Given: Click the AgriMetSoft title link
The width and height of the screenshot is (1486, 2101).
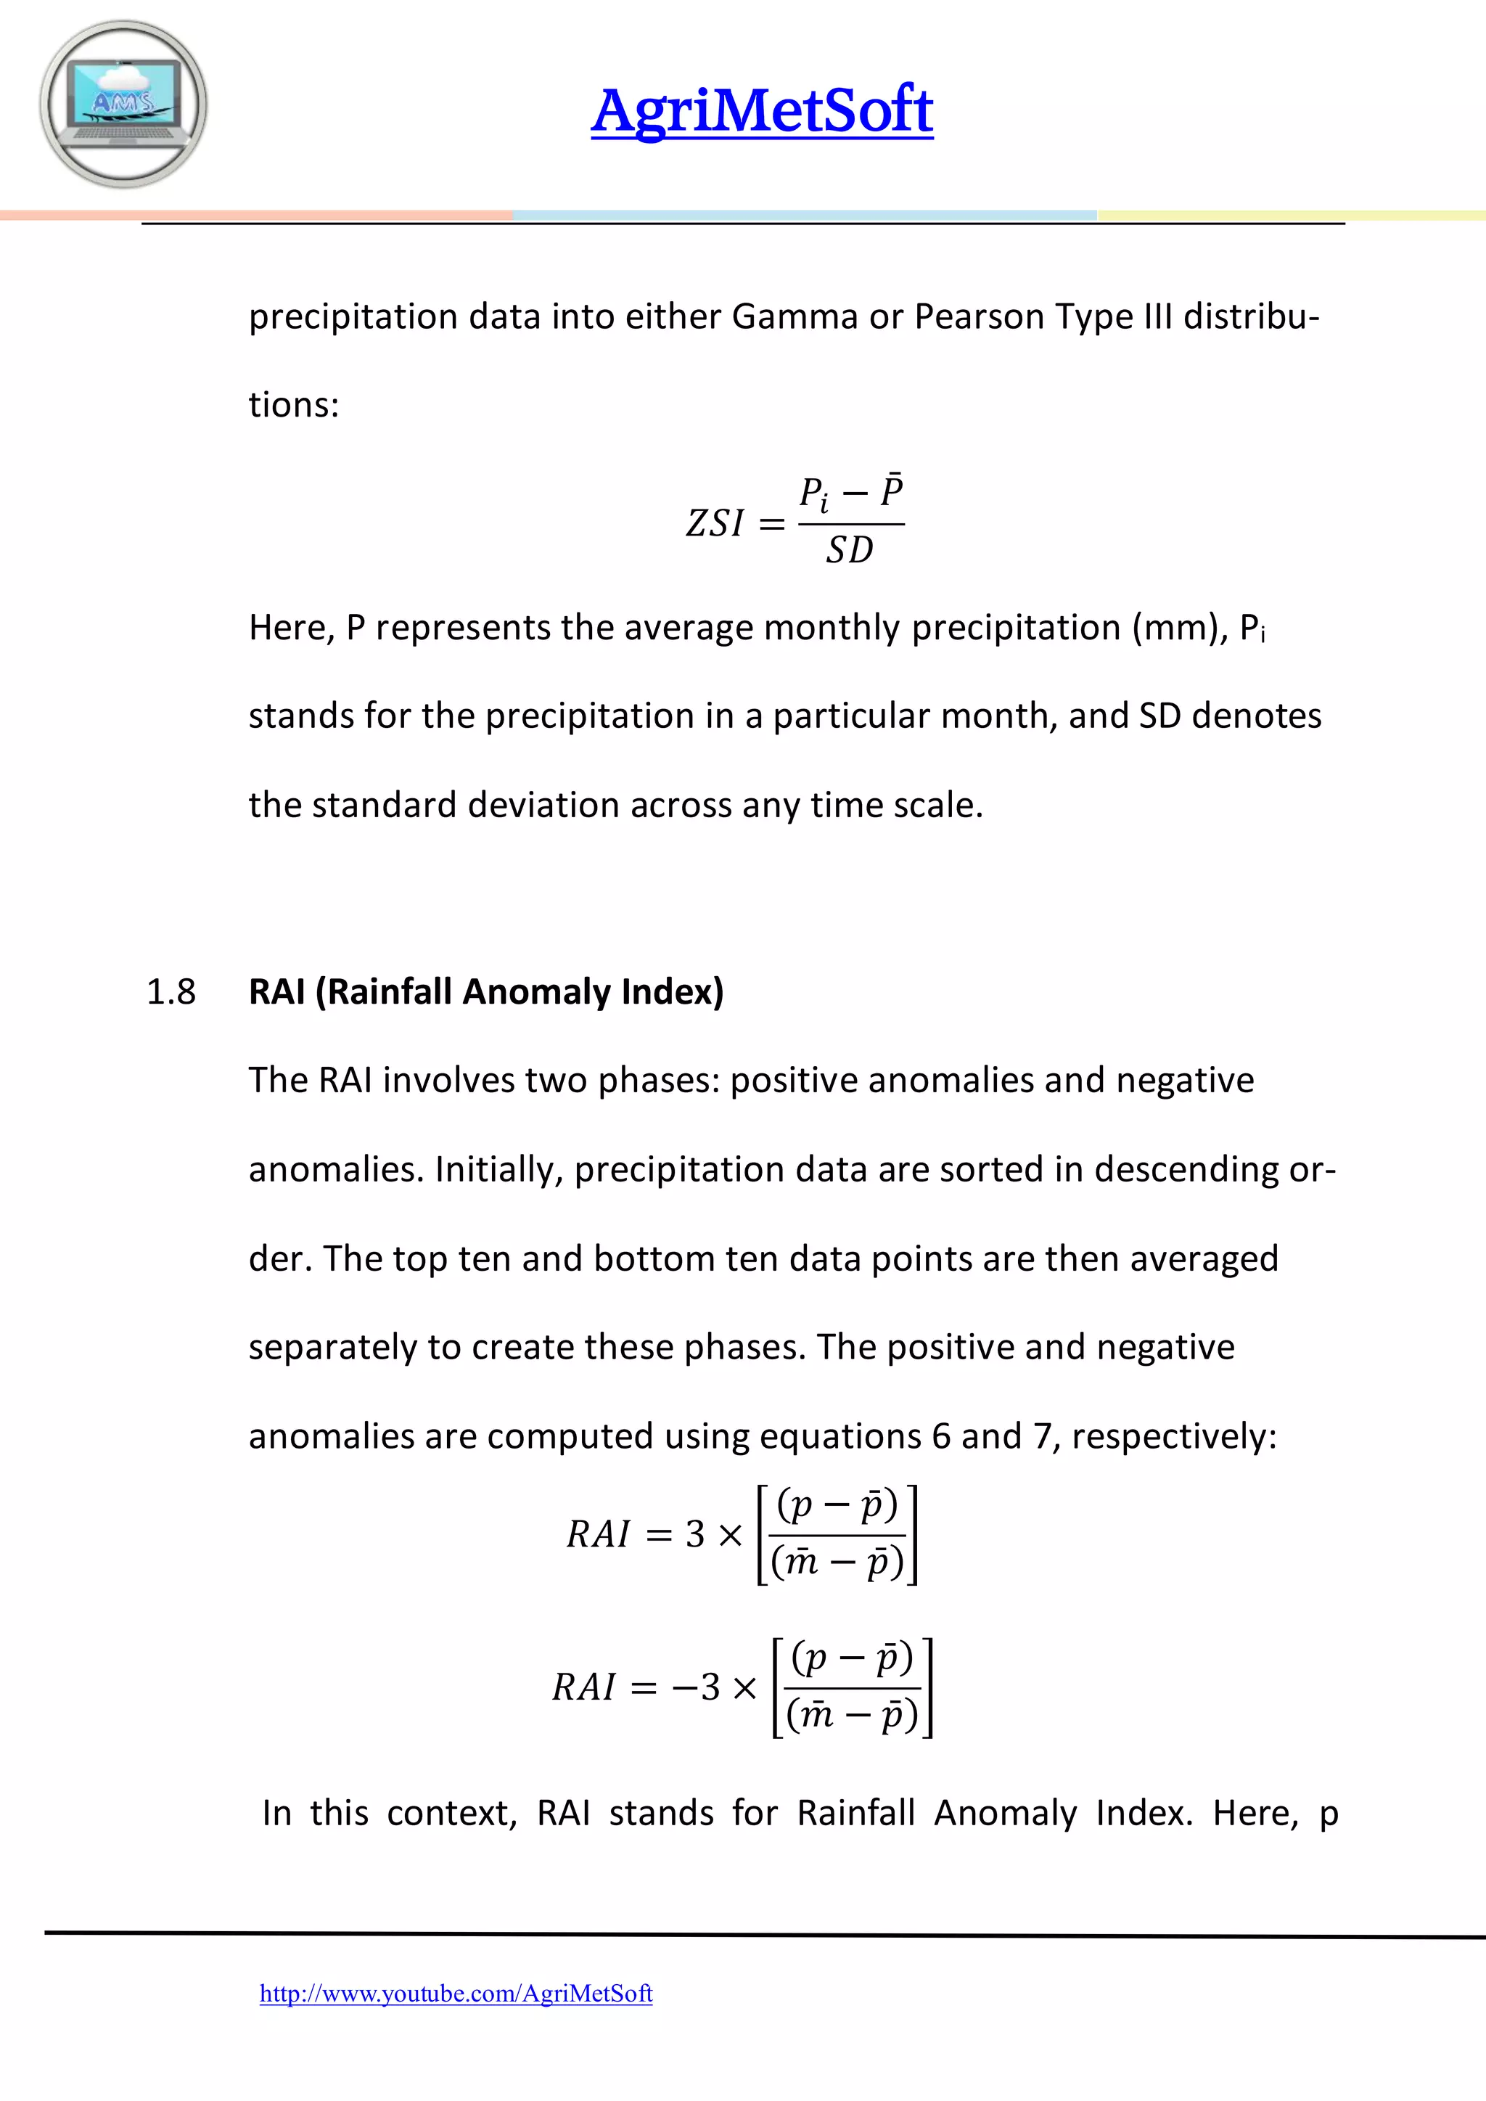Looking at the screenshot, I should pos(761,111).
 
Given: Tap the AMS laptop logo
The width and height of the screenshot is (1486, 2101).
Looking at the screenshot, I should pos(123,105).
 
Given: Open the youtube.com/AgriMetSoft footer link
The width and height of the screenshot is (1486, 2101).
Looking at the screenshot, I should pos(456,1993).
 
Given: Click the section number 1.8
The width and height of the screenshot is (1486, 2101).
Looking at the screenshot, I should pos(171,992).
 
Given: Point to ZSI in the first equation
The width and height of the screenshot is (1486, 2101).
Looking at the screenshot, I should pos(715,523).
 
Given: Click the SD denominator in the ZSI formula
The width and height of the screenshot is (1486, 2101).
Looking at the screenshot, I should pos(850,551).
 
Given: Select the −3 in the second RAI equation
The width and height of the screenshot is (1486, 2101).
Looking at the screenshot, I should pos(697,1687).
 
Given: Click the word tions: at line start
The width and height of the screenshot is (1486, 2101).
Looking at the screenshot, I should pos(294,404).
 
